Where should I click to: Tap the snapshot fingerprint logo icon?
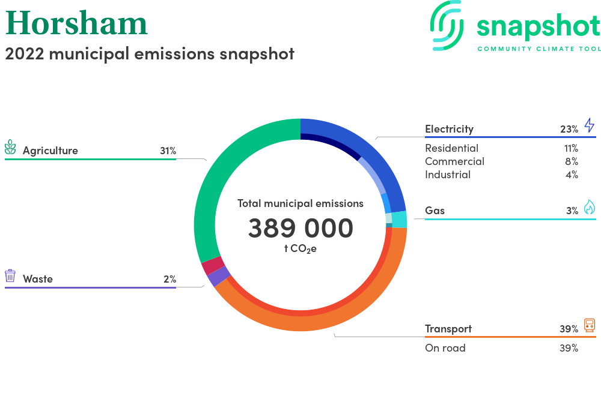coord(447,25)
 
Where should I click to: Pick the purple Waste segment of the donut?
coord(219,277)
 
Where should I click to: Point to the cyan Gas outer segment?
coord(399,219)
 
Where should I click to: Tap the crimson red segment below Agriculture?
coord(213,265)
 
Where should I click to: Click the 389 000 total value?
coord(300,229)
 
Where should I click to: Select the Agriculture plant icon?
coord(10,147)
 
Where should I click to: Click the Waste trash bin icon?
coord(10,275)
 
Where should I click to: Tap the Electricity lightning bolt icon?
coord(590,125)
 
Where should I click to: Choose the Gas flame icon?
coord(590,207)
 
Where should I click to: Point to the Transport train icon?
coord(590,325)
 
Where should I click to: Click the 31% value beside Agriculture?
coord(168,151)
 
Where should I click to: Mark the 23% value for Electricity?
coord(569,129)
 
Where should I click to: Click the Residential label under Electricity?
coord(452,148)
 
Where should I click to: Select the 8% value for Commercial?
coord(572,161)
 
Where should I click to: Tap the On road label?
coord(445,348)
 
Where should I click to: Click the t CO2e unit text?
coord(300,249)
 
